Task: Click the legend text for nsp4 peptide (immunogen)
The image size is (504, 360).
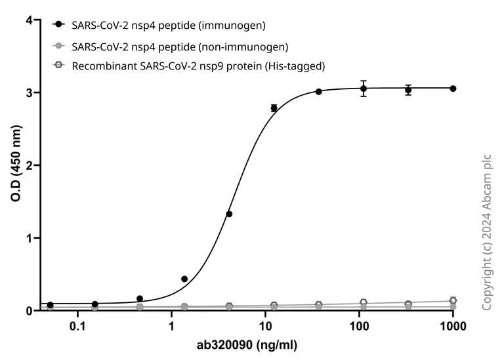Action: pos(169,25)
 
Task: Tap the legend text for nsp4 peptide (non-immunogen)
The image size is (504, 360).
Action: pos(180,46)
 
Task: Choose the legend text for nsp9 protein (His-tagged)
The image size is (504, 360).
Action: pos(199,66)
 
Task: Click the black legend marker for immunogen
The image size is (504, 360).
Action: pos(60,25)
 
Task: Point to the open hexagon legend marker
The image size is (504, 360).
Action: pos(60,66)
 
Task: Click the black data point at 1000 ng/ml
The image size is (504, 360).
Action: pos(453,89)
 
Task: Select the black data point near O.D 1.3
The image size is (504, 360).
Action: pos(229,214)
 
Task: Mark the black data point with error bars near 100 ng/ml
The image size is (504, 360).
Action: pos(364,89)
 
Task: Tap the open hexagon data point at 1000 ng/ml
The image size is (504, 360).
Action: pos(453,301)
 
